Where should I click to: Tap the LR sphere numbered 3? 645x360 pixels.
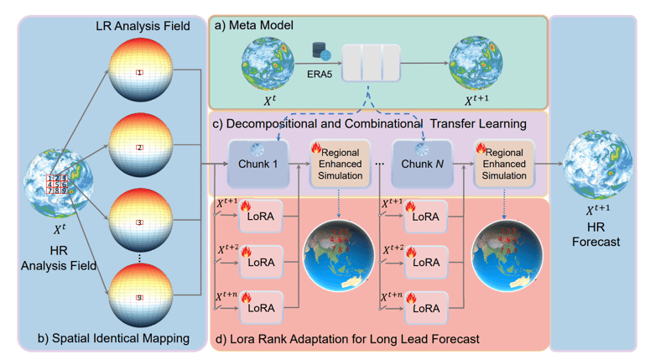(x=140, y=222)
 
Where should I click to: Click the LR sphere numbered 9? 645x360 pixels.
(x=140, y=295)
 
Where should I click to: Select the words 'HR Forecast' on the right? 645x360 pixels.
(x=595, y=234)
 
